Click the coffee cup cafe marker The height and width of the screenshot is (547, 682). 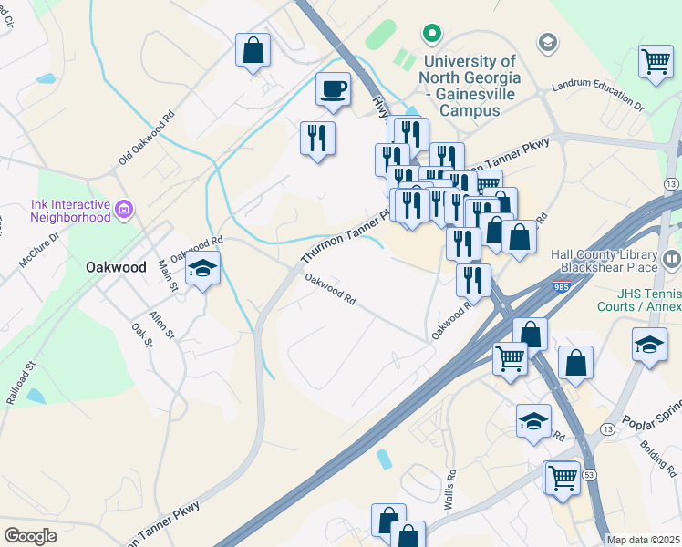click(x=333, y=89)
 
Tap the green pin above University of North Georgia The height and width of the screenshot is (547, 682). click(x=431, y=35)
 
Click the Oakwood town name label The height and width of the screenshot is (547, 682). click(x=116, y=268)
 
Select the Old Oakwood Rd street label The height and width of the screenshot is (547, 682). click(x=146, y=139)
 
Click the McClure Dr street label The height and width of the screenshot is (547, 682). click(x=40, y=249)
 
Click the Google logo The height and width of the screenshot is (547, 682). click(x=30, y=535)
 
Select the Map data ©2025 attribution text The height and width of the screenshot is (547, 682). click(x=642, y=540)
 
